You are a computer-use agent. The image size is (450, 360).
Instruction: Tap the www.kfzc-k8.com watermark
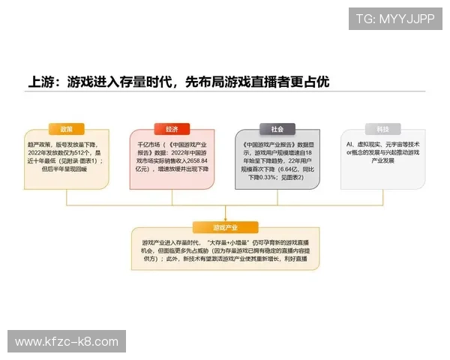[67, 342]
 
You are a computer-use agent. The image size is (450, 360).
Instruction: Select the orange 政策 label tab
[67, 128]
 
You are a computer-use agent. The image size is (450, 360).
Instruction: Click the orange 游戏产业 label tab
[225, 226]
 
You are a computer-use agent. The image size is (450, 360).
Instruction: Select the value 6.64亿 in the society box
[289, 169]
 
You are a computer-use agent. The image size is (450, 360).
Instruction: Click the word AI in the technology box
[349, 142]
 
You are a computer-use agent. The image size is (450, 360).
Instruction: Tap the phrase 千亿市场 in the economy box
[148, 142]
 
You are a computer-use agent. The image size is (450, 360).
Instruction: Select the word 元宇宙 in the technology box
[397, 142]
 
